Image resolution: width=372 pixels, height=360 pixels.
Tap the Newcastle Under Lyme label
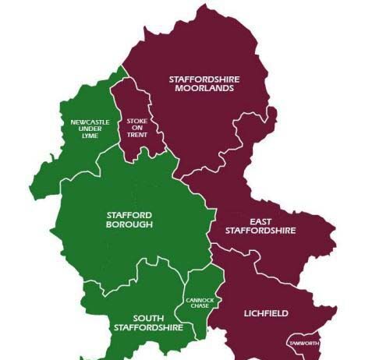pyautogui.click(x=85, y=129)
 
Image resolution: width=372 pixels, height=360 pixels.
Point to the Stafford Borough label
pyautogui.click(x=129, y=219)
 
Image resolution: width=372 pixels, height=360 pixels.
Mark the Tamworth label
pyautogui.click(x=304, y=343)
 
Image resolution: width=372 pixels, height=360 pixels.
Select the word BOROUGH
pyautogui.click(x=129, y=224)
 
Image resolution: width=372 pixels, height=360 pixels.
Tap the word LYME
pyautogui.click(x=85, y=136)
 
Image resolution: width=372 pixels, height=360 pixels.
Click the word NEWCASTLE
pyautogui.click(x=85, y=122)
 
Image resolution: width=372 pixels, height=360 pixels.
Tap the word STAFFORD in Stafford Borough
pyautogui.click(x=129, y=214)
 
